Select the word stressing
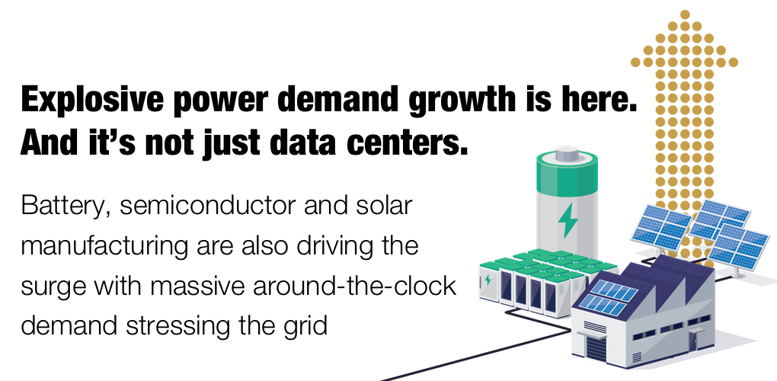pyautogui.click(x=182, y=327)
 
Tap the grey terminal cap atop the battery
pyautogui.click(x=568, y=155)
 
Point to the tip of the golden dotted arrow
pyautogui.click(x=685, y=14)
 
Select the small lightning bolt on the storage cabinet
pyautogui.click(x=488, y=280)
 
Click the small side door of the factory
pyautogui.click(x=692, y=342)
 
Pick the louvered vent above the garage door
pyautogui.click(x=594, y=327)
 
